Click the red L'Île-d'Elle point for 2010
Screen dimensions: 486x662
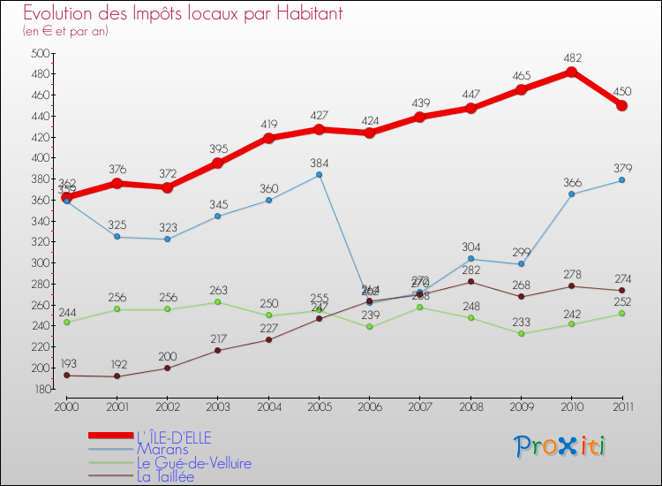tap(571, 72)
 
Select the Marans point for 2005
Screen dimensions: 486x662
tap(319, 175)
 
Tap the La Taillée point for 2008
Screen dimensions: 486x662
tap(470, 281)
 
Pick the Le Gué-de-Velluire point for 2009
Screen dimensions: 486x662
tap(521, 333)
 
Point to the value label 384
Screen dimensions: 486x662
tap(319, 163)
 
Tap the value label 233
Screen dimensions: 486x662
tap(521, 322)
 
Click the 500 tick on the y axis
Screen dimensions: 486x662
tap(40, 54)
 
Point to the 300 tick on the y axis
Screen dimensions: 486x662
tap(40, 263)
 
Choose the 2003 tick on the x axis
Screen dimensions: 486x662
tap(217, 406)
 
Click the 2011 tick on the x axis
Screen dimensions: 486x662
tap(621, 406)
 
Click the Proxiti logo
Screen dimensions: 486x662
tap(560, 446)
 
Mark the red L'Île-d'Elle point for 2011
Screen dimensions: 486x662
tap(621, 105)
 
